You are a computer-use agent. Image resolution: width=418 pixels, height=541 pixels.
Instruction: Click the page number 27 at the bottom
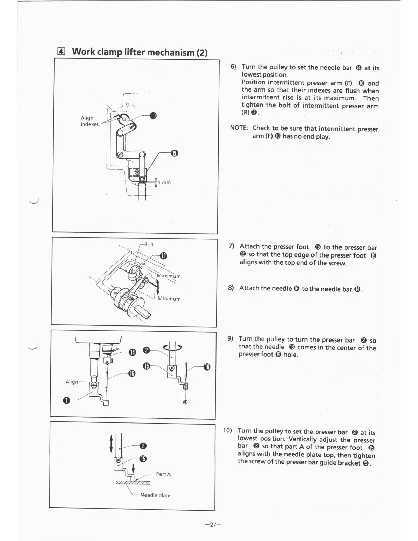click(x=213, y=525)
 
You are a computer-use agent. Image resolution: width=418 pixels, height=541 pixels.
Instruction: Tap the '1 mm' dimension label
click(x=164, y=182)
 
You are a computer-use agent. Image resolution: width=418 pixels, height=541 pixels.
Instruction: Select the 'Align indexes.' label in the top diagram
click(x=90, y=121)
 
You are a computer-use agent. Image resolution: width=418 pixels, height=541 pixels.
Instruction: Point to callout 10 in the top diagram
click(x=153, y=116)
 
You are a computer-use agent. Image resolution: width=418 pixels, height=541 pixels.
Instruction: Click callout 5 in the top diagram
click(x=174, y=153)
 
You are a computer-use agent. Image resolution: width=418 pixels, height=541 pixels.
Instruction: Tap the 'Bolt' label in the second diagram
click(x=149, y=245)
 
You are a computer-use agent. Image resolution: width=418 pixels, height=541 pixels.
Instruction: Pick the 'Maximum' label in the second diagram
click(x=169, y=276)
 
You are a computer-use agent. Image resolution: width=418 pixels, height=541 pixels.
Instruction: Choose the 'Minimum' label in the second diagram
click(x=169, y=299)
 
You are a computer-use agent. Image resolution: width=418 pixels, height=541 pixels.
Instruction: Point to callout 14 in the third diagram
click(x=132, y=352)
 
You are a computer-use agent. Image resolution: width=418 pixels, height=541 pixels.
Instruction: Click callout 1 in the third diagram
click(x=66, y=400)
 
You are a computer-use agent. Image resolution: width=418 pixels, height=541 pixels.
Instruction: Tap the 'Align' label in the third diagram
click(x=72, y=382)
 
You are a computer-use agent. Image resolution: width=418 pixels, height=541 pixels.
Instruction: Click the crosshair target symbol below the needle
click(x=185, y=402)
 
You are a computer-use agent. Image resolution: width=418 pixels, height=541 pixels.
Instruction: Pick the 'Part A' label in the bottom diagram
click(x=163, y=474)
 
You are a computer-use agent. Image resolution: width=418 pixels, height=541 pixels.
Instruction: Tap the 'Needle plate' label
click(x=155, y=495)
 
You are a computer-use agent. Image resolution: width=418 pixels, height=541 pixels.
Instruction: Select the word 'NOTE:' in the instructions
click(x=239, y=128)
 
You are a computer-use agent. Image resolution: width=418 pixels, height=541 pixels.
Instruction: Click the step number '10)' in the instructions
click(x=227, y=430)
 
